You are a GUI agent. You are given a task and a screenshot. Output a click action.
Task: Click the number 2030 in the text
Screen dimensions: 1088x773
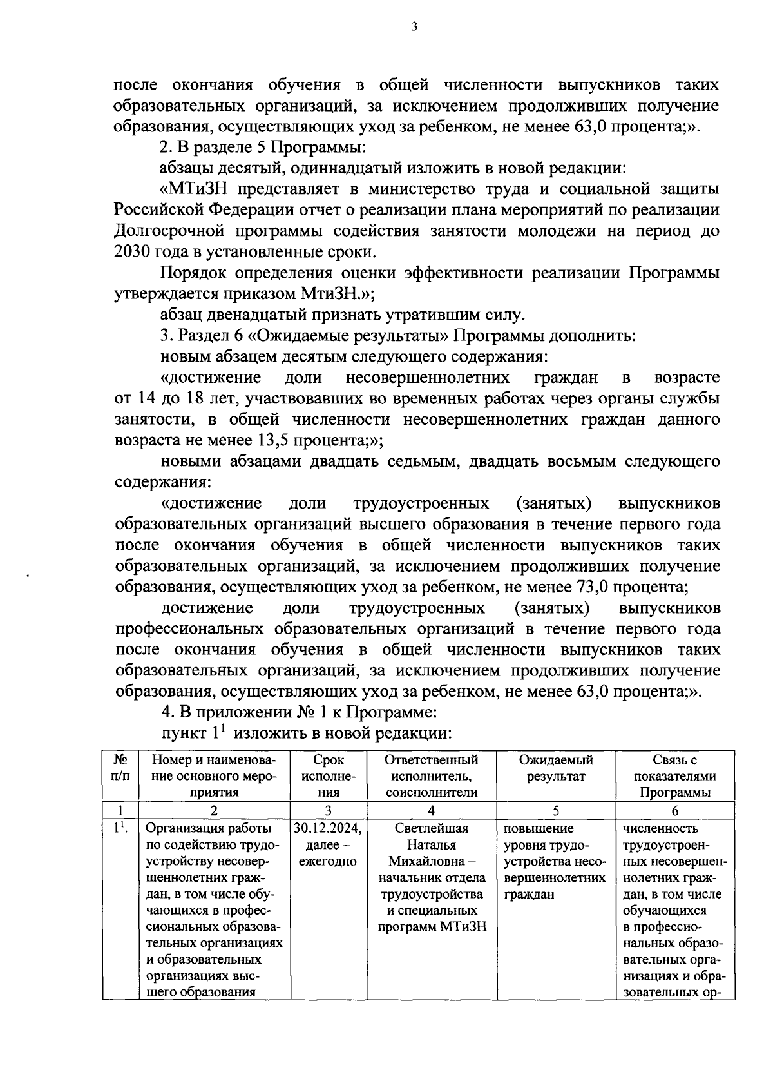[133, 252]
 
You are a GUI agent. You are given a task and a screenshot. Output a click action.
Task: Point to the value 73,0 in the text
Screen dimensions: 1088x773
[592, 587]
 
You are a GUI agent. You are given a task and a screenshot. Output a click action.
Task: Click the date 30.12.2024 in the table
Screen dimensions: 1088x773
[328, 828]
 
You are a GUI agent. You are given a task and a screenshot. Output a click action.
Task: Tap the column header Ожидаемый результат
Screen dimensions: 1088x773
[555, 768]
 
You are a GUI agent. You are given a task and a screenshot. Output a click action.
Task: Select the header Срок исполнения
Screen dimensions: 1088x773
[329, 776]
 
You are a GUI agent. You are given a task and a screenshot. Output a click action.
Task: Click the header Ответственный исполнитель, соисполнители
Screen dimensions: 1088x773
[432, 776]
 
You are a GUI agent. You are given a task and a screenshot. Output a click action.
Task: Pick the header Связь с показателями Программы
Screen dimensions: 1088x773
[674, 776]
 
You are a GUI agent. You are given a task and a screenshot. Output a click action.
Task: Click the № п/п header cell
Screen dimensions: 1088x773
[120, 768]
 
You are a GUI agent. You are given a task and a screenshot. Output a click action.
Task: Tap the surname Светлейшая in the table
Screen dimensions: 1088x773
[432, 828]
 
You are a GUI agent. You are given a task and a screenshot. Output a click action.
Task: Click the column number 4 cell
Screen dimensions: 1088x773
[432, 811]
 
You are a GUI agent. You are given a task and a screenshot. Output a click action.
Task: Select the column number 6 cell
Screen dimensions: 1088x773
[674, 811]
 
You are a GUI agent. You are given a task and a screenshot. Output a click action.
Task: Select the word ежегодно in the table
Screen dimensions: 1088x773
[328, 862]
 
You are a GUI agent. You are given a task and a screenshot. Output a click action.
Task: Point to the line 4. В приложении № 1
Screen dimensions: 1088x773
[300, 713]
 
